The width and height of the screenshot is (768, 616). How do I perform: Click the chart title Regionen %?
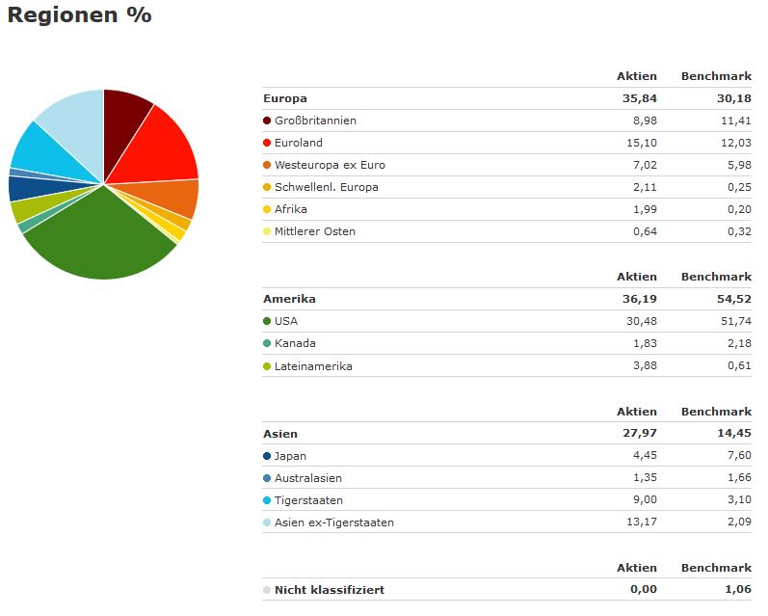click(x=79, y=16)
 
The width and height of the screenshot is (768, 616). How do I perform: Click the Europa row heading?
click(x=285, y=98)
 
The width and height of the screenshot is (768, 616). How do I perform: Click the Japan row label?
click(x=290, y=456)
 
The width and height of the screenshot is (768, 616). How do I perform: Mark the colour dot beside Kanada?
click(x=267, y=343)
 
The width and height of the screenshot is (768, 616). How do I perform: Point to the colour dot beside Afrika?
click(x=267, y=209)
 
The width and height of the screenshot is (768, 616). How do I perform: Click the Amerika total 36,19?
click(x=641, y=299)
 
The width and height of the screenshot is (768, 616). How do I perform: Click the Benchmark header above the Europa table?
click(x=716, y=76)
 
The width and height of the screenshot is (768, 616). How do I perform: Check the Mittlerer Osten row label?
click(x=315, y=231)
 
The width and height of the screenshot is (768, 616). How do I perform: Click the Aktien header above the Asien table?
click(x=637, y=412)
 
